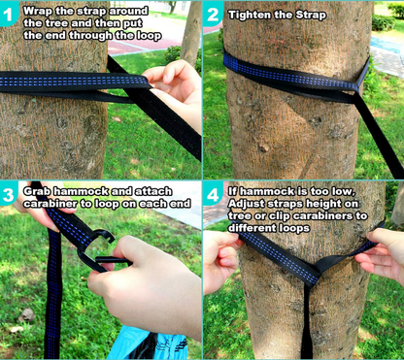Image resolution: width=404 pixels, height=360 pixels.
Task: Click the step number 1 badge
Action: point(8,14)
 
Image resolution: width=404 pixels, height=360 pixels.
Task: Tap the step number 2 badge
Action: point(213,14)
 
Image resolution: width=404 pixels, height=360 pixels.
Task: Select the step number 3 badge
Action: point(8,194)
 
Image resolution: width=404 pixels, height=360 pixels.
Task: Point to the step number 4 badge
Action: point(213,195)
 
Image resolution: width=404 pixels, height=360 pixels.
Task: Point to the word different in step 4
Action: point(249,228)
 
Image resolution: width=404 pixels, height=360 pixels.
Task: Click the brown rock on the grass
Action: point(26,314)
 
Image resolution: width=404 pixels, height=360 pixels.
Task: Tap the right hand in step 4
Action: point(382,254)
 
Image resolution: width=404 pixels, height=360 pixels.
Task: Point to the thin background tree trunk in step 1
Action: point(191,31)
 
